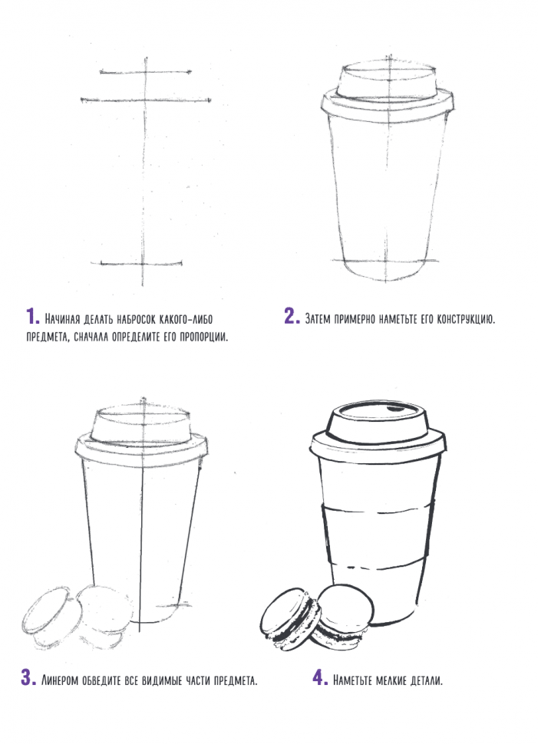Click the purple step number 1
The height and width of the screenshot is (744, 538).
(x=33, y=317)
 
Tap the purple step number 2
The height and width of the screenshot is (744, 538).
(x=292, y=317)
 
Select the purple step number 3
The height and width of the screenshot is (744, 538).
(x=28, y=677)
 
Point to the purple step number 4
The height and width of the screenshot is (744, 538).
(x=320, y=677)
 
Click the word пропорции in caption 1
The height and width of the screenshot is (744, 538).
(x=203, y=337)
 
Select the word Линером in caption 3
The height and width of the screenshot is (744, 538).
(x=60, y=680)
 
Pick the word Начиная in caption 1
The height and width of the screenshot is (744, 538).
(x=61, y=318)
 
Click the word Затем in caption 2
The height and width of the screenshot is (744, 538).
(x=318, y=318)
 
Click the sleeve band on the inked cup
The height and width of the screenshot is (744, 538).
(x=378, y=537)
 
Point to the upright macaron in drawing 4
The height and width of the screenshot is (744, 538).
(x=345, y=616)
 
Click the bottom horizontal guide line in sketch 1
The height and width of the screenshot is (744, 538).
(x=141, y=263)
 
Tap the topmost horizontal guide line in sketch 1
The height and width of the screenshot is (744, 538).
(x=146, y=72)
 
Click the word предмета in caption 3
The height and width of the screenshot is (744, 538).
(x=236, y=680)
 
